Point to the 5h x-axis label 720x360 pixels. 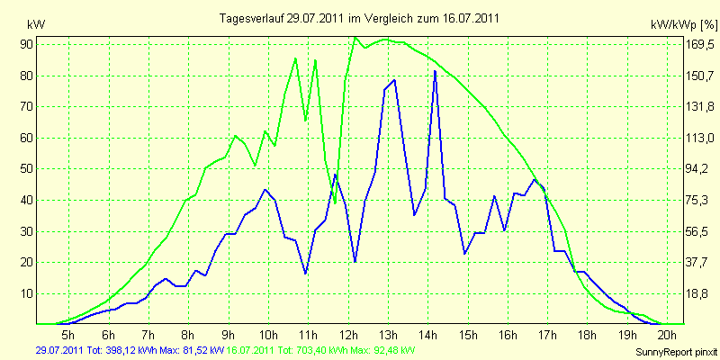coord(68,334)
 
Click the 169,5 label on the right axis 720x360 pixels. coord(698,44)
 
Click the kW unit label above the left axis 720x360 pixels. coord(36,25)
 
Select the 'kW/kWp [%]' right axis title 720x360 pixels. coord(684,25)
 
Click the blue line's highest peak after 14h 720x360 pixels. coord(435,71)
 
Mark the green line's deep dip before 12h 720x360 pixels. coord(335,202)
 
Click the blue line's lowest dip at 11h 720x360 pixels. coord(305,274)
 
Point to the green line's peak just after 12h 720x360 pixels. coord(355,38)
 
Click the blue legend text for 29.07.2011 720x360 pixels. coord(130,351)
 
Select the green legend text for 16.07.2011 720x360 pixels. coord(318,351)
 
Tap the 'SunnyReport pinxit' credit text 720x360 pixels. coord(676,352)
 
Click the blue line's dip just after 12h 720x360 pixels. coord(355,261)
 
